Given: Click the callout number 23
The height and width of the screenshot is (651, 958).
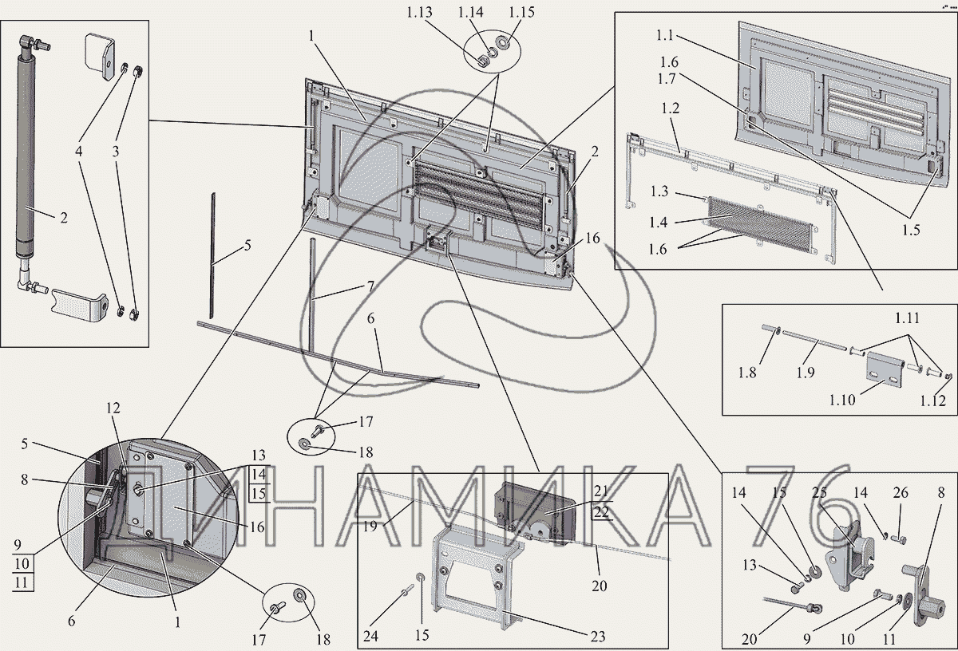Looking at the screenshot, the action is click(x=597, y=637).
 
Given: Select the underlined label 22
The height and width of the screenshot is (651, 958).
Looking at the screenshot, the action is click(x=600, y=512).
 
